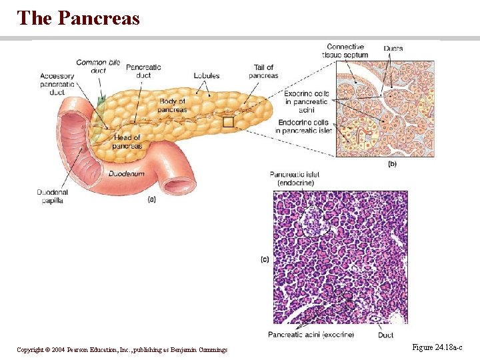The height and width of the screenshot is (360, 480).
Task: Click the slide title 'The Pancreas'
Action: click(x=79, y=18)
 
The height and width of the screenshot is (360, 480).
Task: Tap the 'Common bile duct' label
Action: click(x=98, y=66)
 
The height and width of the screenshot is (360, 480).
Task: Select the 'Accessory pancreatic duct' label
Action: click(x=57, y=85)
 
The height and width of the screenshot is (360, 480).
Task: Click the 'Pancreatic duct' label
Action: click(x=143, y=71)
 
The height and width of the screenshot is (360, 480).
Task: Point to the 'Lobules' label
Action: click(x=207, y=76)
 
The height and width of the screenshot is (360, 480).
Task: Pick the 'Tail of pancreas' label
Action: click(x=265, y=71)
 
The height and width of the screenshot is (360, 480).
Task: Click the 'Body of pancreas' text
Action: click(x=173, y=105)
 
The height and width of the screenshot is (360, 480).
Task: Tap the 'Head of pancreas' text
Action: click(x=127, y=141)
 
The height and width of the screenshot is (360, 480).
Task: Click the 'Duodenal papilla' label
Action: click(x=52, y=197)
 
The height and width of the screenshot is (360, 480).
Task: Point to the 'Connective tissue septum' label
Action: click(x=347, y=51)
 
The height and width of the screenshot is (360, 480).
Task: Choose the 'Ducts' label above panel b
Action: click(x=393, y=49)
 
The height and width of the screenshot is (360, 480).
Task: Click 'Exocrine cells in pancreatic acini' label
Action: click(x=306, y=101)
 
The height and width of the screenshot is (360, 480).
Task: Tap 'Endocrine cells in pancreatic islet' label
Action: click(x=303, y=127)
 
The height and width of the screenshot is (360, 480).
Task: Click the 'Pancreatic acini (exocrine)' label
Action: click(x=311, y=335)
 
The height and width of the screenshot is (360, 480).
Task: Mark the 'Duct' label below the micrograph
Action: click(x=385, y=335)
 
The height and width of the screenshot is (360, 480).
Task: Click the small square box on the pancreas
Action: click(x=229, y=122)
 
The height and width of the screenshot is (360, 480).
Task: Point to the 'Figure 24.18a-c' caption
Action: click(x=437, y=348)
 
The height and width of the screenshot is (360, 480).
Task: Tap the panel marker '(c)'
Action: click(x=265, y=259)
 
